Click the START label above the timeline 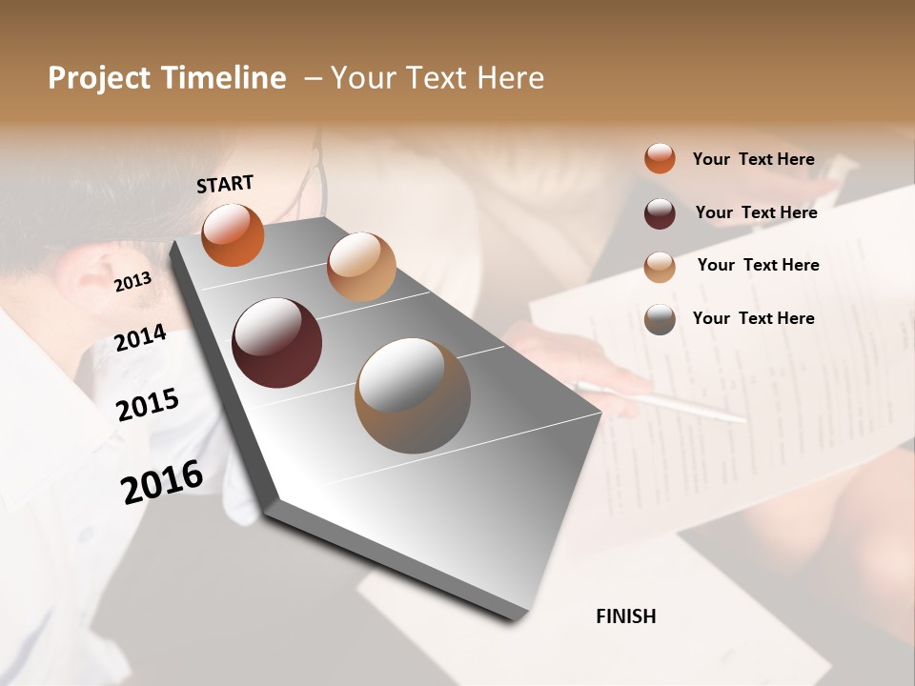tap(225, 183)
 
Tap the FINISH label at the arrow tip tap(625, 616)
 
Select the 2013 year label tap(132, 282)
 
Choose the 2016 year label tap(162, 482)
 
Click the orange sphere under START tap(233, 235)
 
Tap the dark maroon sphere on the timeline tap(276, 343)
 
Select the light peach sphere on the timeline tap(360, 267)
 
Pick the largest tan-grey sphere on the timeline tap(413, 394)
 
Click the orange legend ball tap(660, 159)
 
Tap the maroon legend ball tap(660, 213)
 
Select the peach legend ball tap(660, 267)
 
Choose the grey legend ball tap(660, 319)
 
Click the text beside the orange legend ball tap(753, 159)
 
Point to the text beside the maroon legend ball tap(756, 212)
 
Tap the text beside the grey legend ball tap(753, 318)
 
